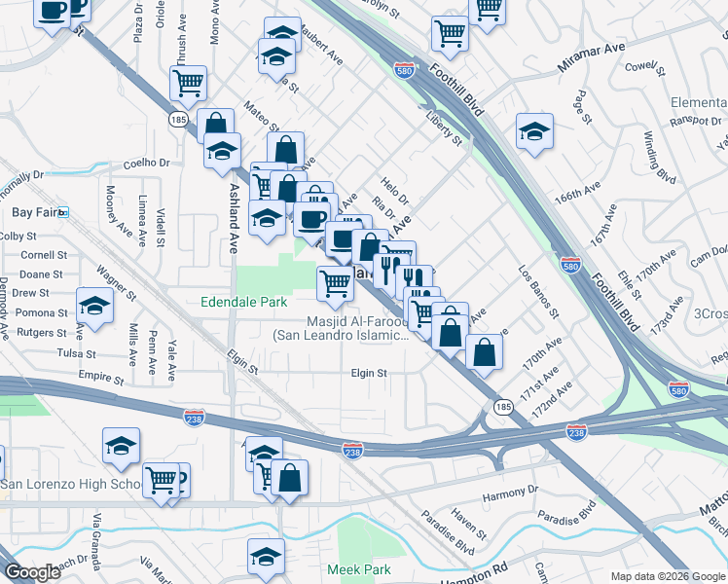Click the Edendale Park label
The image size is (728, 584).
coord(243,302)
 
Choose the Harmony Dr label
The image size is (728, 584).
coord(510,494)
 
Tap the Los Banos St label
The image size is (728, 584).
coord(539,293)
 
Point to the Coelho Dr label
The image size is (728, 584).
coord(146,164)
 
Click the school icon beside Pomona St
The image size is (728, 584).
coord(95,307)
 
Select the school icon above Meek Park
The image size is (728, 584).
coord(265,557)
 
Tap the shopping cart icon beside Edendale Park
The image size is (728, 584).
coord(336,283)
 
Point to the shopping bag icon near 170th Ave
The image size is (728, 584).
coord(484,351)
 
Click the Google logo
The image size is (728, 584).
coord(33,572)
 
